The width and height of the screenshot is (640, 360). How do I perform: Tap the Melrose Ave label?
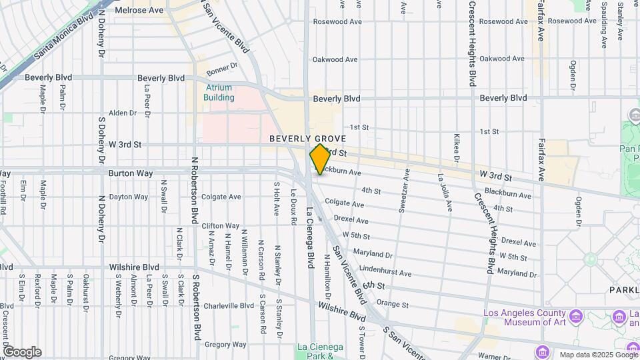coord(139,10)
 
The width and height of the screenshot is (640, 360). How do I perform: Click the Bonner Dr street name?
coord(222,69)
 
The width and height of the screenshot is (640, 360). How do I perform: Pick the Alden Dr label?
coord(122,113)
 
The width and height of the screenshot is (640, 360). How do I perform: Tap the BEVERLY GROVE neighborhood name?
coord(307,139)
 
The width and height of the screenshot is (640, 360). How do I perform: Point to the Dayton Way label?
coord(128,197)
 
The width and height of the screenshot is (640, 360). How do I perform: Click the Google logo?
coord(23,351)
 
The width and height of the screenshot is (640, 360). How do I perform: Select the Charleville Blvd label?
coord(229,306)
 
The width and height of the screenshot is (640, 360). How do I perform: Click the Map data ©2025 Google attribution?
coord(597,355)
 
